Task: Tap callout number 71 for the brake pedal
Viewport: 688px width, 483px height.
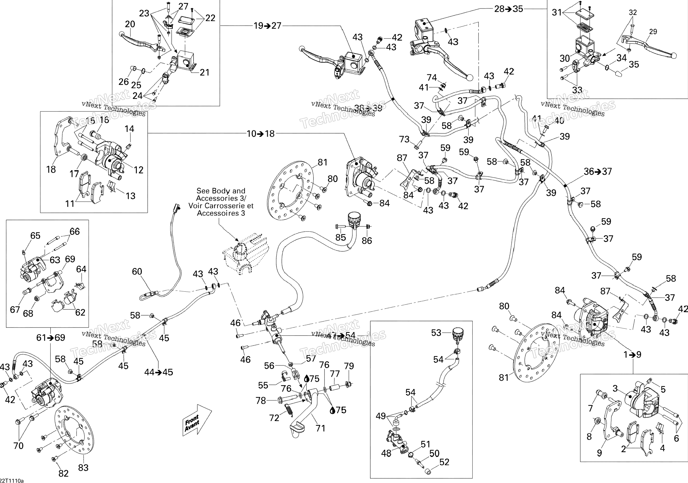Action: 320,428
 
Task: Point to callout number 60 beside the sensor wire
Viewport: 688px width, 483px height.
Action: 137,272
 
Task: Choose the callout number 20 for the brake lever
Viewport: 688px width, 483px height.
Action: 130,24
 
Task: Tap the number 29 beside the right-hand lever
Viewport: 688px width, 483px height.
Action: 653,31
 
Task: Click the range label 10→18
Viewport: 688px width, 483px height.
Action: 260,134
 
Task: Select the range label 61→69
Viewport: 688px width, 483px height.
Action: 51,337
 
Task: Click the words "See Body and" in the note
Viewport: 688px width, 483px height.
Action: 221,191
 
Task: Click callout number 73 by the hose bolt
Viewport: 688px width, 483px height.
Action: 404,139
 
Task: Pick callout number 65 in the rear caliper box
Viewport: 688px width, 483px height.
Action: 35,236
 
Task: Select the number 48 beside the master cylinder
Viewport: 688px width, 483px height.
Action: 386,453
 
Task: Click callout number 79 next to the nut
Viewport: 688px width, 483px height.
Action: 349,366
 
